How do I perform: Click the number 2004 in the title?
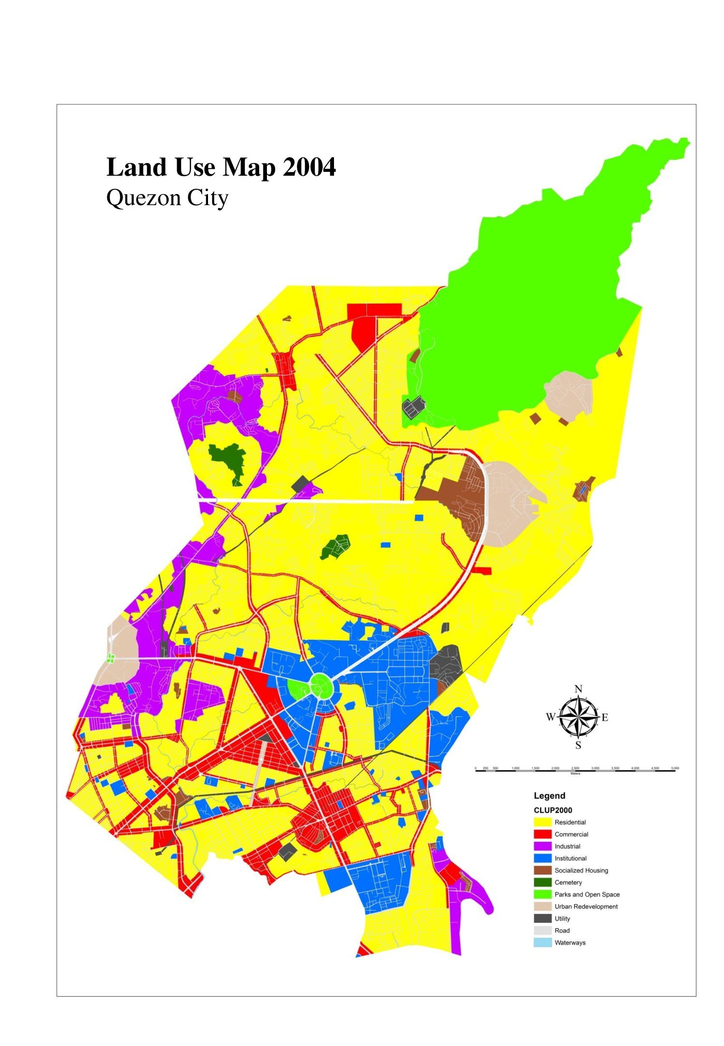(309, 167)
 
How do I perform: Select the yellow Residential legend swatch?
(543, 822)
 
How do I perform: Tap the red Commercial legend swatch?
(543, 834)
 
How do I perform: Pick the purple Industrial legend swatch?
(543, 846)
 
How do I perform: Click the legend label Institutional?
(571, 858)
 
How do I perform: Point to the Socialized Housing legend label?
(581, 870)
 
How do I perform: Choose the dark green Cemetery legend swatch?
(543, 882)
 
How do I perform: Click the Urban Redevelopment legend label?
(586, 907)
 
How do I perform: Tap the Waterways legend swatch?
(543, 943)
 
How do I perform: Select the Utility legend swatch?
(543, 919)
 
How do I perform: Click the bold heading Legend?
(549, 796)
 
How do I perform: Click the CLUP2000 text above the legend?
(553, 810)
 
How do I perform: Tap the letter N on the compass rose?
(579, 689)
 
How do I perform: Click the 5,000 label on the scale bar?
(675, 767)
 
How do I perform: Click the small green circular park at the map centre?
(319, 685)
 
